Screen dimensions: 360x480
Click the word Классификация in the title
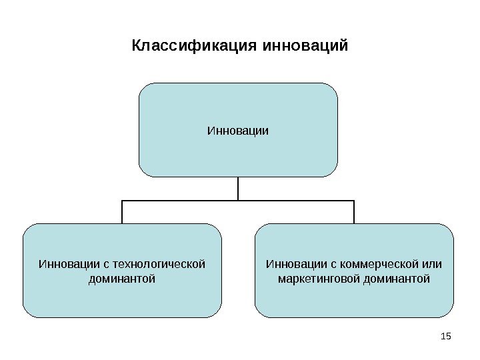tap(196, 47)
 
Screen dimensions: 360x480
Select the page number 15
tap(446, 334)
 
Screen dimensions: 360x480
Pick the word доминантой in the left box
tap(122, 277)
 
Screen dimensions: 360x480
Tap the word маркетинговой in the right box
tap(319, 277)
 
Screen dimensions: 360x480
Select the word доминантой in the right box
tap(398, 277)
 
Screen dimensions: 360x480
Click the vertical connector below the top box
tap(238, 188)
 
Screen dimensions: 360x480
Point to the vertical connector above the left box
tap(122, 211)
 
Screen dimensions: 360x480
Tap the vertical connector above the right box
tap(354, 211)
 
